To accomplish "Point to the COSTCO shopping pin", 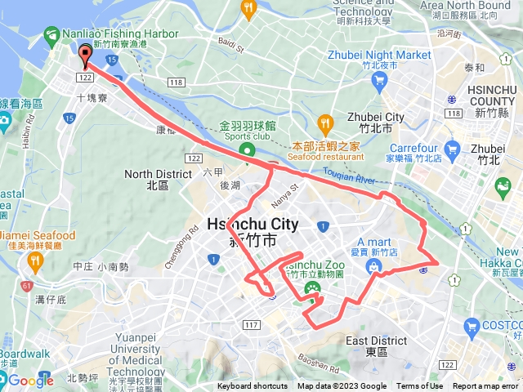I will tap(470, 327).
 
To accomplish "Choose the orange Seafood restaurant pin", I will tap(325, 123).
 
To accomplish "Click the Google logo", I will tap(30, 380).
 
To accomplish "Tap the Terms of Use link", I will tap(419, 386).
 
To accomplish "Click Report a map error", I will tap(486, 386).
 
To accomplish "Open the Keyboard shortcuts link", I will tap(253, 386).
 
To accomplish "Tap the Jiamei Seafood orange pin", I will tap(34, 261).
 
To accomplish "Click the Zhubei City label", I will tap(376, 118).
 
